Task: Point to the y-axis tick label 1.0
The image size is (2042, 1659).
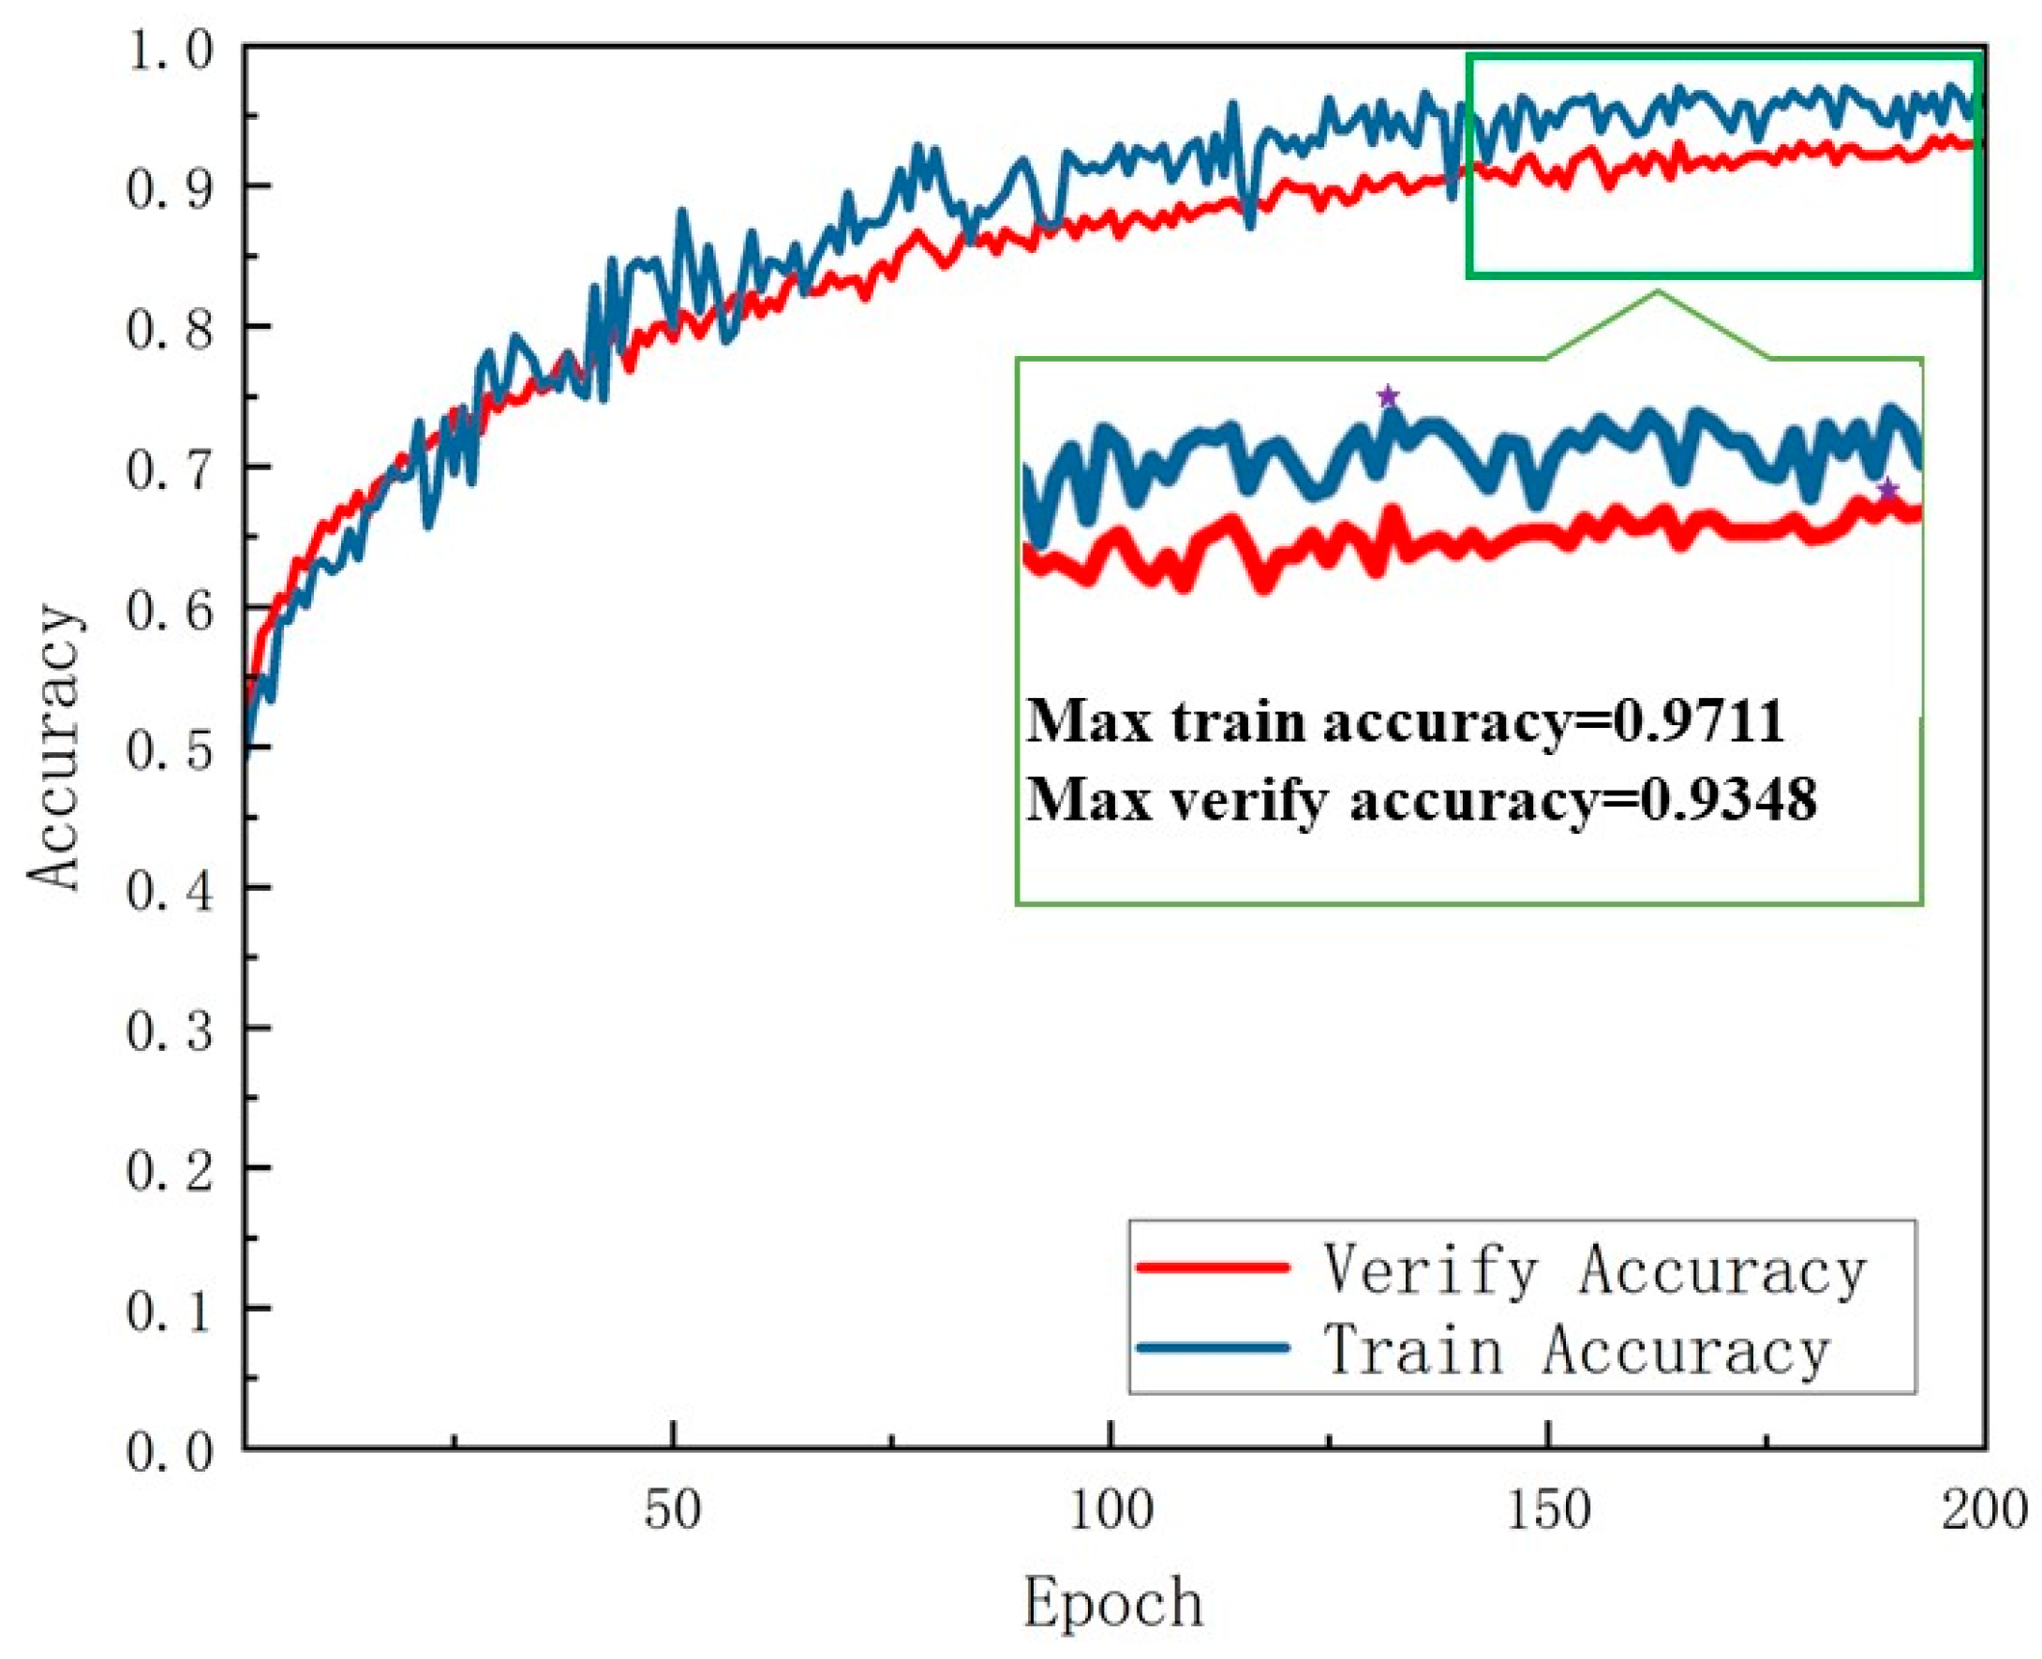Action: click(x=170, y=50)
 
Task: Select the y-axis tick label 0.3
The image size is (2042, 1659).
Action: click(x=170, y=1031)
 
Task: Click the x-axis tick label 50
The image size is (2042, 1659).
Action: click(x=672, y=1511)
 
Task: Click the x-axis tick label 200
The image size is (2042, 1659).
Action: click(x=1983, y=1511)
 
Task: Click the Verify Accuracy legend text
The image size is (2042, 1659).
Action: click(x=1594, y=1270)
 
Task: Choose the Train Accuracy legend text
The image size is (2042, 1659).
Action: click(x=1575, y=1350)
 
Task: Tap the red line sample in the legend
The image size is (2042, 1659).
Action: click(x=1213, y=1267)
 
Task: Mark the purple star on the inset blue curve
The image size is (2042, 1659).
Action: click(x=1387, y=395)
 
